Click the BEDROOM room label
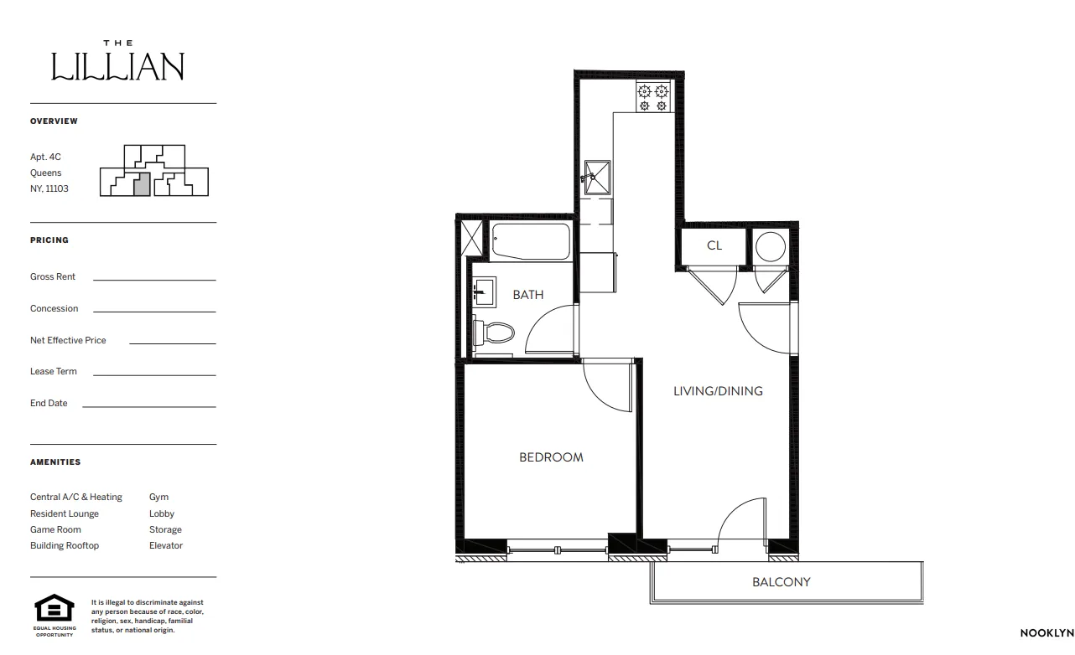(x=551, y=457)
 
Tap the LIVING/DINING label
(x=718, y=390)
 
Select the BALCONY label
(x=781, y=581)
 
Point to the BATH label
(x=528, y=294)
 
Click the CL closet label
(x=714, y=245)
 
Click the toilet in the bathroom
(x=494, y=333)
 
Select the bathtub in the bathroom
(x=531, y=242)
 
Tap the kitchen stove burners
(x=652, y=97)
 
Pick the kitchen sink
(x=597, y=177)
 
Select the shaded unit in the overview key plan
(x=143, y=184)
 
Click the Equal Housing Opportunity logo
(x=54, y=608)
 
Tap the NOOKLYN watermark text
(x=1046, y=632)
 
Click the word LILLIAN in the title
(x=117, y=66)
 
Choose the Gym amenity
(x=158, y=497)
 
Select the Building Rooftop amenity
(x=65, y=545)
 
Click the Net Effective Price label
(x=68, y=340)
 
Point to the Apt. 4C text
(x=45, y=157)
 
